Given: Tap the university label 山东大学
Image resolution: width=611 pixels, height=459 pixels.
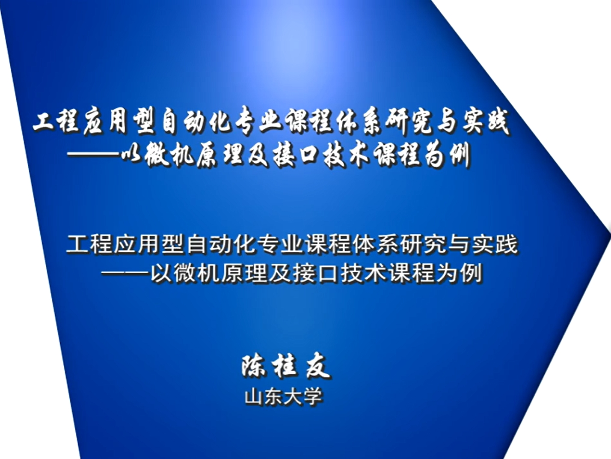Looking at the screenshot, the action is pos(284,396).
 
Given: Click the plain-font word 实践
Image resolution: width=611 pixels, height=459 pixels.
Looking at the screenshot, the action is pos(494,244).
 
